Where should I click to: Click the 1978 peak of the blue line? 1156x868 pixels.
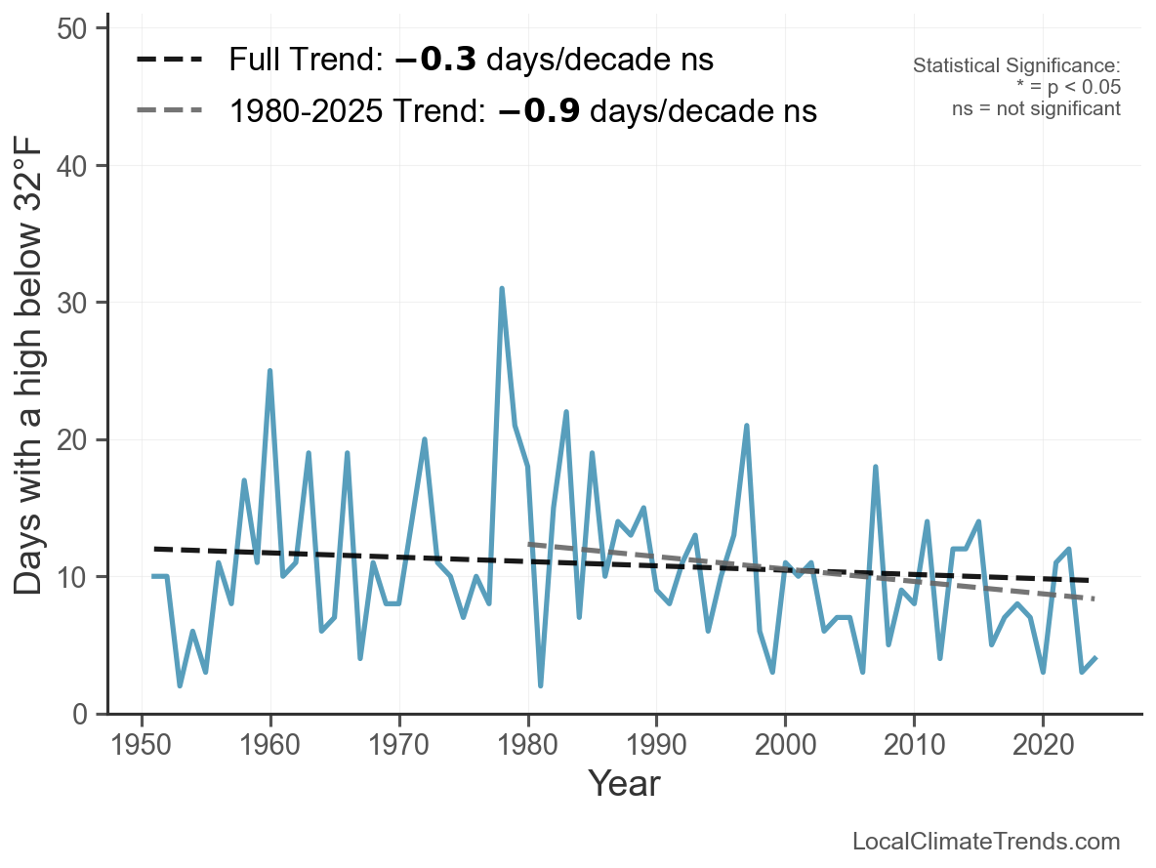click(502, 289)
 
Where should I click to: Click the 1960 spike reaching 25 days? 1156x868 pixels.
click(269, 371)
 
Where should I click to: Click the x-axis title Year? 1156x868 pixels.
click(624, 784)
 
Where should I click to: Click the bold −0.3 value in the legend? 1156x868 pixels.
click(435, 61)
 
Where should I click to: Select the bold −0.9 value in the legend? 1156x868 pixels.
click(539, 111)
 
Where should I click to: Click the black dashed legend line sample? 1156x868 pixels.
click(169, 61)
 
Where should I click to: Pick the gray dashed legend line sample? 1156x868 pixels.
click(169, 110)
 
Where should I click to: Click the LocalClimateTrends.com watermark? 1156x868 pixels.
click(986, 842)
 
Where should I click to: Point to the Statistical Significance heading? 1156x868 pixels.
click(1016, 65)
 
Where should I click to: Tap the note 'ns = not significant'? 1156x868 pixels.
click(1036, 108)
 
